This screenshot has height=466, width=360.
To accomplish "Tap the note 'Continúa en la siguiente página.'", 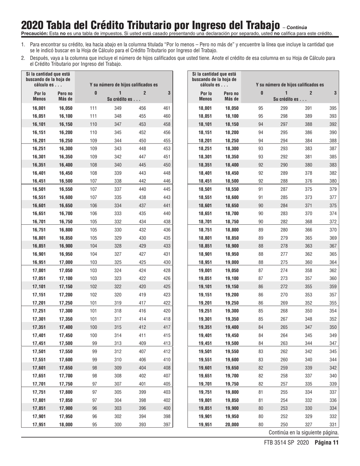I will (304, 432).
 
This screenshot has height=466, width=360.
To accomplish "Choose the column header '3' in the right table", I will (335, 93).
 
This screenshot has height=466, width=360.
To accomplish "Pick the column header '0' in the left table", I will (95, 93).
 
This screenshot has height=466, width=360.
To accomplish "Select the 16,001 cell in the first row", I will (40, 108).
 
